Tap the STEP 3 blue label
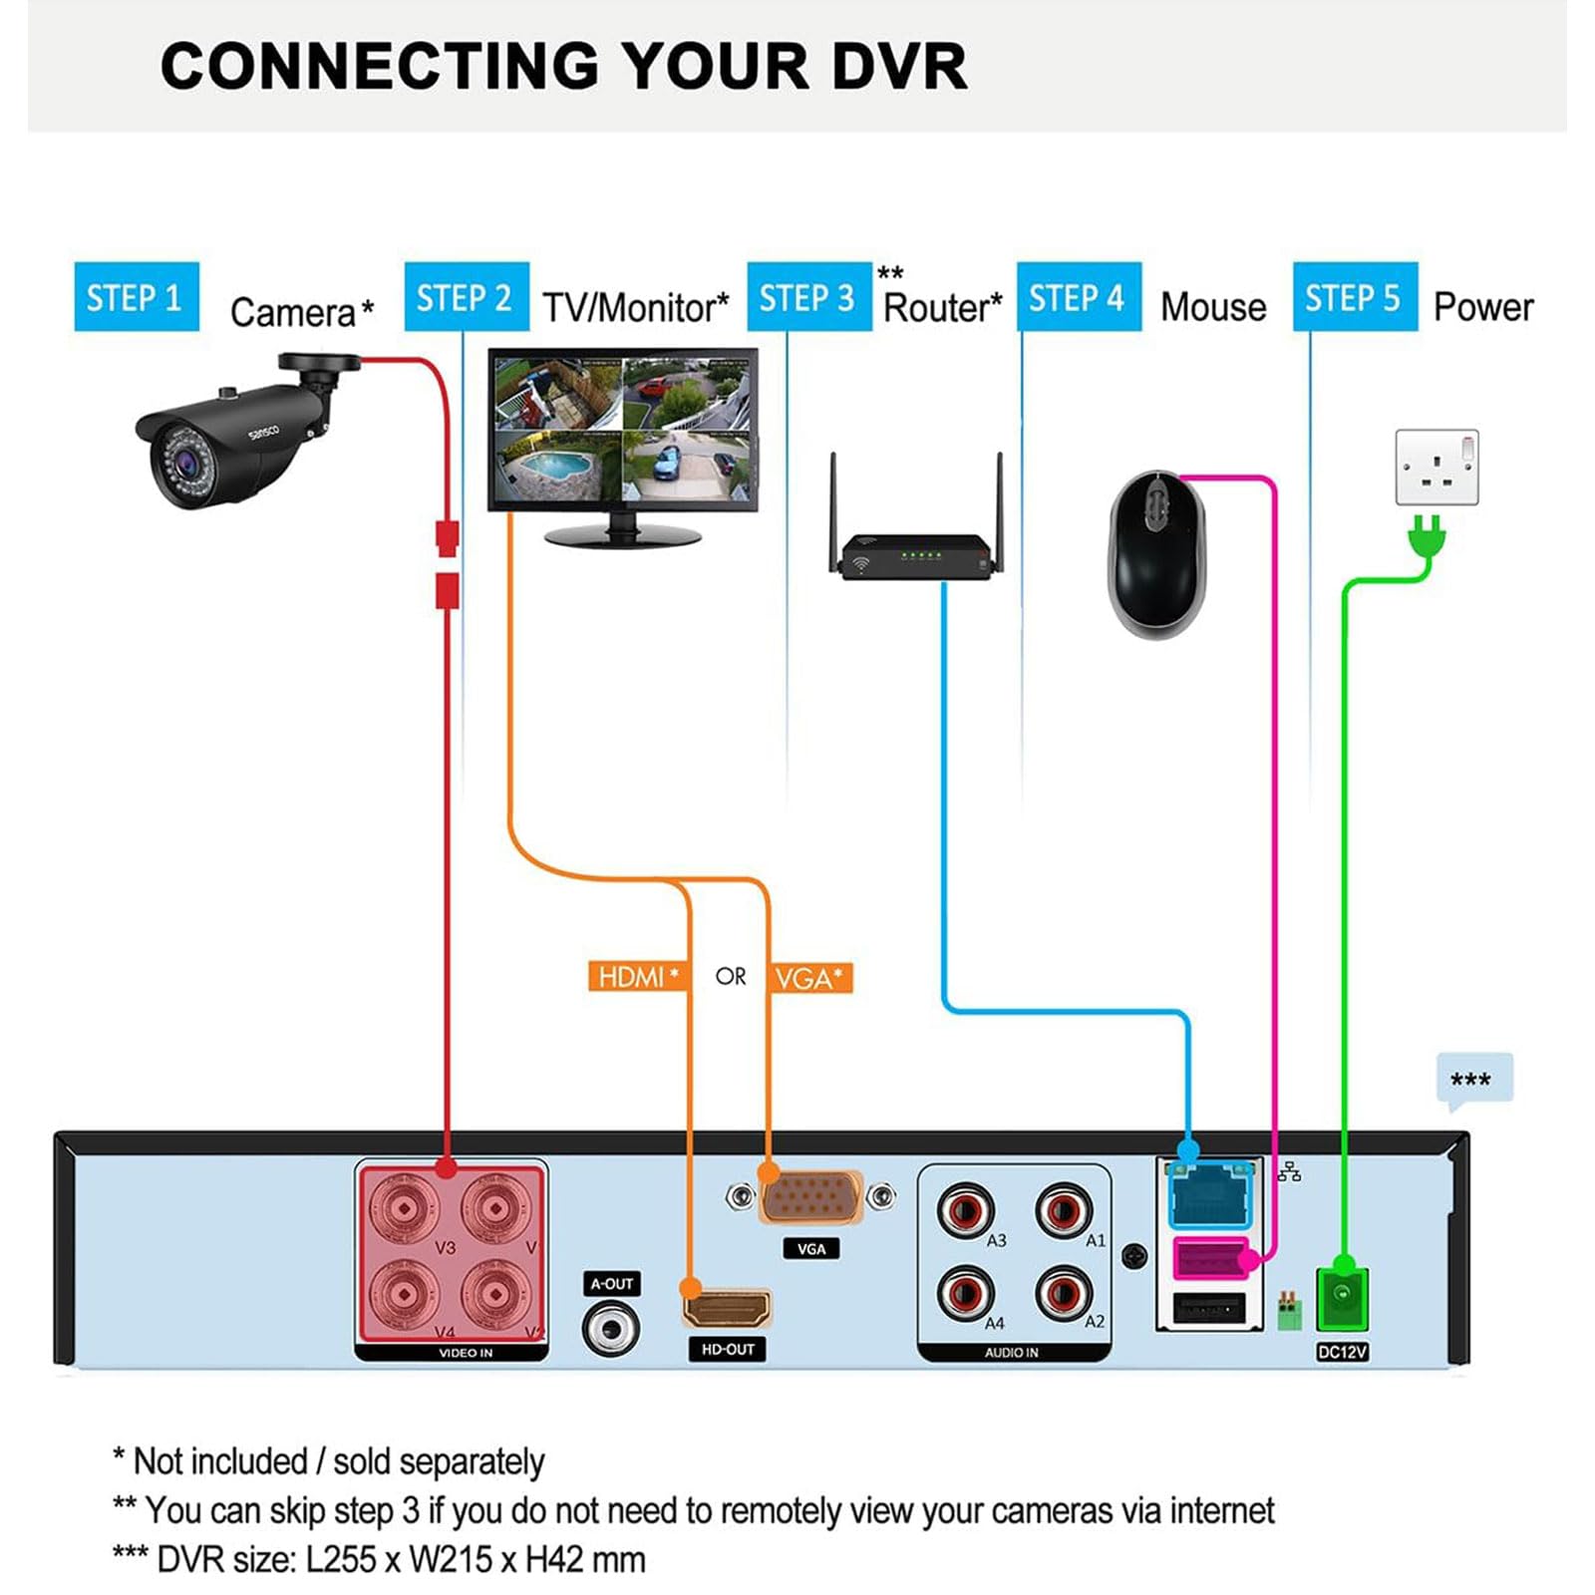pos(808,297)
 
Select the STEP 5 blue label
pos(1354,297)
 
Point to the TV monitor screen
pos(623,430)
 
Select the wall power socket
pos(1436,467)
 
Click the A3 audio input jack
pos(965,1210)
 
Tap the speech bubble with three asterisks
pos(1473,1080)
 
